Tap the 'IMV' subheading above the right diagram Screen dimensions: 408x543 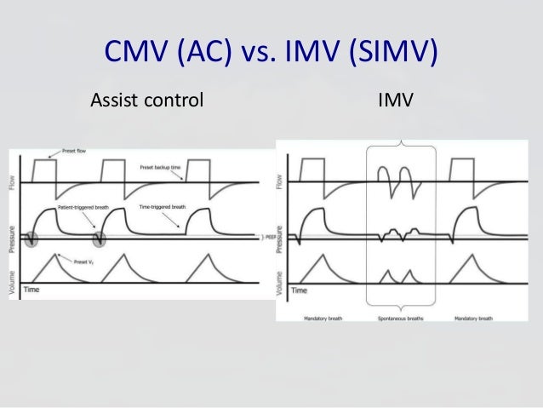coord(395,102)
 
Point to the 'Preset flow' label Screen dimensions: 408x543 coord(67,152)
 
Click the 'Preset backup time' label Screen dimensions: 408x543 coord(162,169)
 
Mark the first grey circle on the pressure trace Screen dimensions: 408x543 coord(31,239)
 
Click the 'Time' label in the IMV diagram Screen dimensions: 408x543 coord(300,290)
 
